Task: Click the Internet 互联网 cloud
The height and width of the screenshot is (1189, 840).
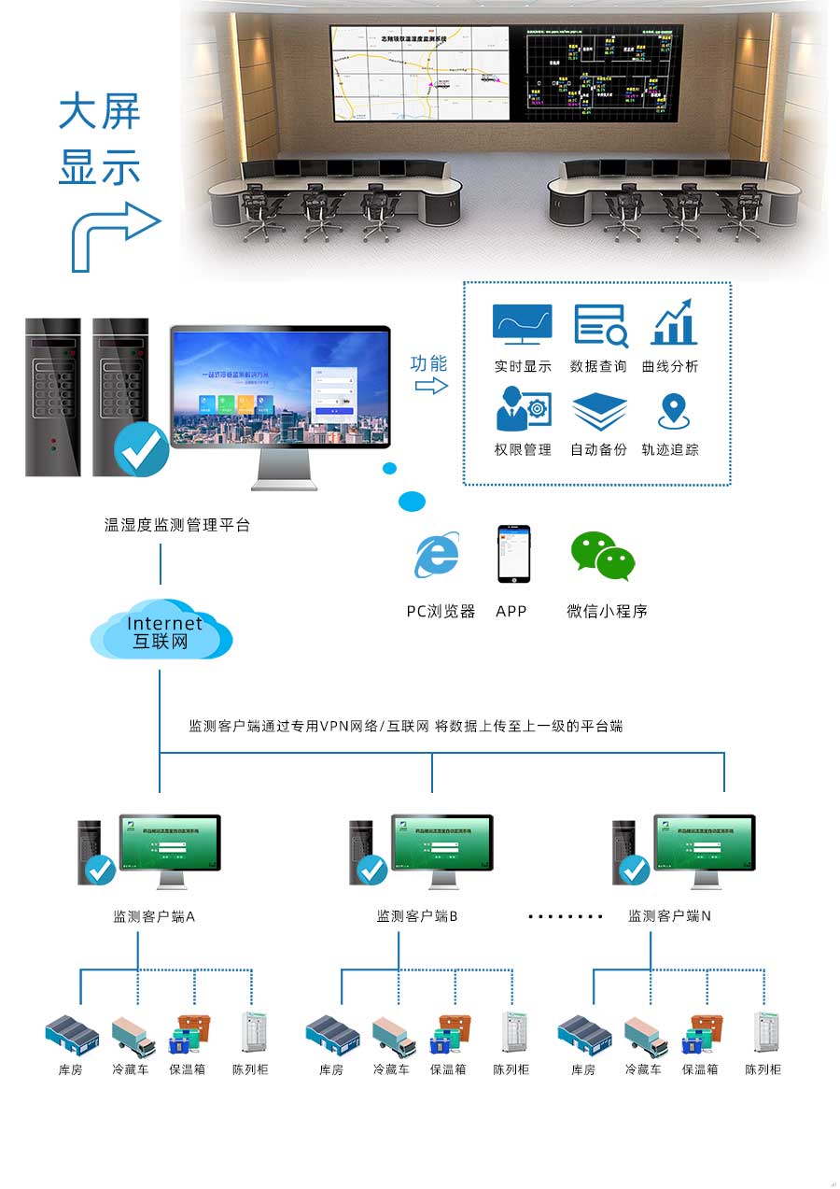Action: click(x=161, y=631)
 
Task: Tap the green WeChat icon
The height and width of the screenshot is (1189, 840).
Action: click(x=602, y=556)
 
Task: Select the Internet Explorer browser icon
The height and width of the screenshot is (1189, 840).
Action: click(x=436, y=556)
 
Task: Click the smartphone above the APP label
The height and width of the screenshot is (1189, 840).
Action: click(x=512, y=554)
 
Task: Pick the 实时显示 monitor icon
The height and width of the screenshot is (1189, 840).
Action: click(x=522, y=324)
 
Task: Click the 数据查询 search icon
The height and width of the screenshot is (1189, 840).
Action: click(x=600, y=325)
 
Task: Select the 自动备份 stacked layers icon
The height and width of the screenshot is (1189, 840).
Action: click(x=599, y=411)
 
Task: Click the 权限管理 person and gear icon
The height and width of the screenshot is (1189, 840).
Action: click(x=522, y=409)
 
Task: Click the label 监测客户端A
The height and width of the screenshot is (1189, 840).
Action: click(x=154, y=916)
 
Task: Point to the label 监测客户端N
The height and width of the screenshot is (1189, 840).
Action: click(x=669, y=916)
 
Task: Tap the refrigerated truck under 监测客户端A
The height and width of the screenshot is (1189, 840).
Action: click(x=132, y=1036)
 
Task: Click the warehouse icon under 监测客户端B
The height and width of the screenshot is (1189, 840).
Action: click(x=332, y=1036)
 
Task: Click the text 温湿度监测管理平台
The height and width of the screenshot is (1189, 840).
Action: click(x=177, y=526)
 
